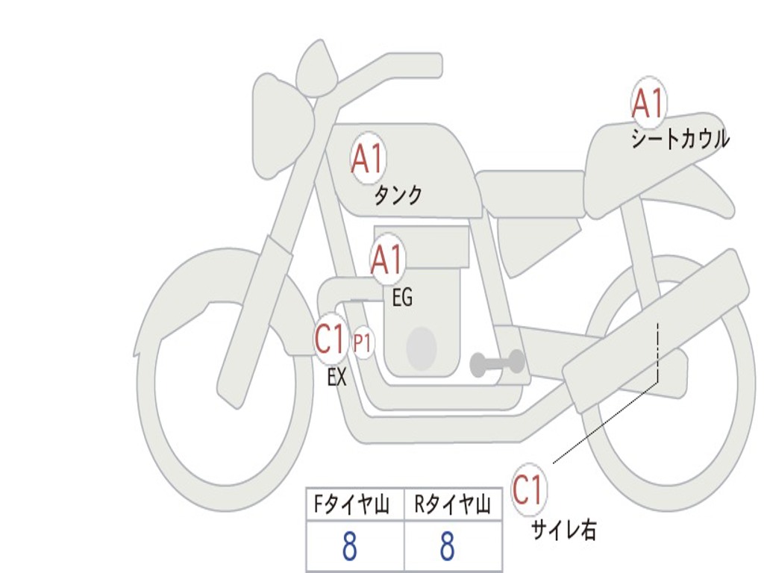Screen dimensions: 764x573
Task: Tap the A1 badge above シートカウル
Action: tap(648, 104)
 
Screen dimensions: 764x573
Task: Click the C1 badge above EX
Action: tap(331, 339)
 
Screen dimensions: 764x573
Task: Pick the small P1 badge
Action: tap(363, 344)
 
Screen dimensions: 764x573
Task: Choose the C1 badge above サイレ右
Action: tap(528, 490)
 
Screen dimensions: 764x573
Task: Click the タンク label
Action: tap(398, 195)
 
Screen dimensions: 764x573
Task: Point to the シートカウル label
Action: tap(680, 140)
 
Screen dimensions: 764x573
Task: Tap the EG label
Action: tap(402, 298)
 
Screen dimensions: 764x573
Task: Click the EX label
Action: tap(337, 378)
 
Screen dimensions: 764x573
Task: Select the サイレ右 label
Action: tap(563, 530)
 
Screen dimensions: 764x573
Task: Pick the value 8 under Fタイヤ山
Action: tap(350, 548)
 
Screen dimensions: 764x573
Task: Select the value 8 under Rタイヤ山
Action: tap(447, 548)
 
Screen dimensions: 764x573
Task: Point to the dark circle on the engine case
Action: tap(421, 348)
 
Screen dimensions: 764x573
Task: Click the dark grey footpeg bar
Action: tap(498, 363)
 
